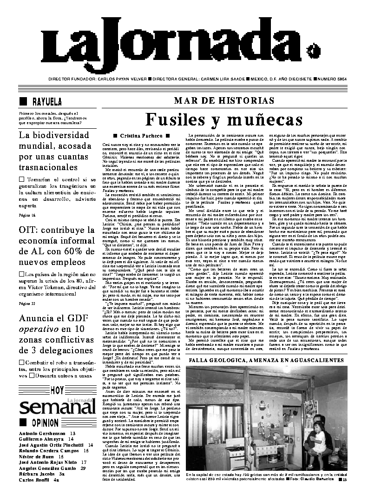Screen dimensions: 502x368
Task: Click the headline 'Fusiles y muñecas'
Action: [223, 119]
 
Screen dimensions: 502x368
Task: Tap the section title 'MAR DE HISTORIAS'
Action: [224, 100]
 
